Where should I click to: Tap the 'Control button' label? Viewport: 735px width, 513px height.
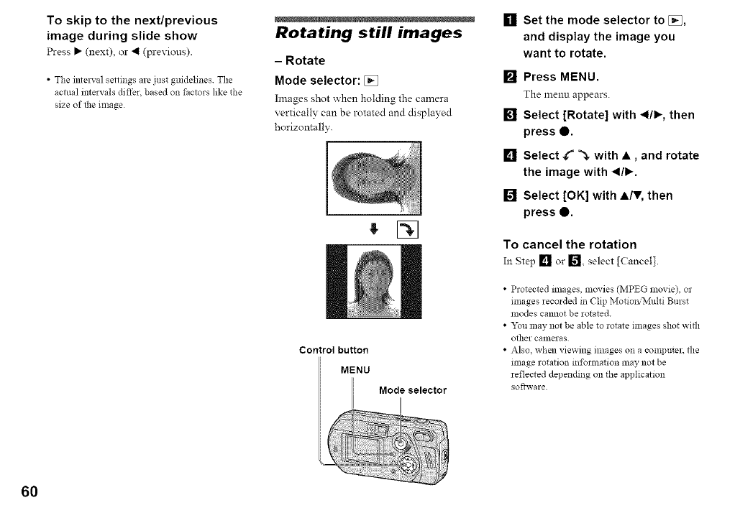(334, 351)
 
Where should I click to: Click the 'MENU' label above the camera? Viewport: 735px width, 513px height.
(355, 371)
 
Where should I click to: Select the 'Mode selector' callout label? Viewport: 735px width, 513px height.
(413, 391)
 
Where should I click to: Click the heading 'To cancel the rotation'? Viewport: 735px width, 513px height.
(580, 244)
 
